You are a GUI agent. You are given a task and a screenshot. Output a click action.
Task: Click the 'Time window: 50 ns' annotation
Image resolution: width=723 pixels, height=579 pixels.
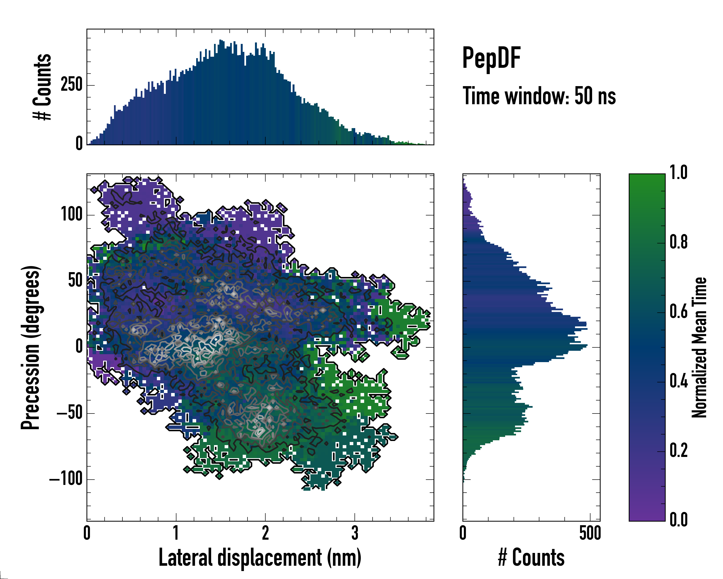(539, 96)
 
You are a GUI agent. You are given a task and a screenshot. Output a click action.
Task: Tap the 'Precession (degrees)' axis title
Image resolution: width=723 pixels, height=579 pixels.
(31, 347)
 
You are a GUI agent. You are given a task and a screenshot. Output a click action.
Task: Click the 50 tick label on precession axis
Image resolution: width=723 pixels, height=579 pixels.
(75, 280)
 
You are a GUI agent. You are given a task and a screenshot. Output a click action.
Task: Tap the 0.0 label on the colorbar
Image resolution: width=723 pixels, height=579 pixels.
(678, 520)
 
